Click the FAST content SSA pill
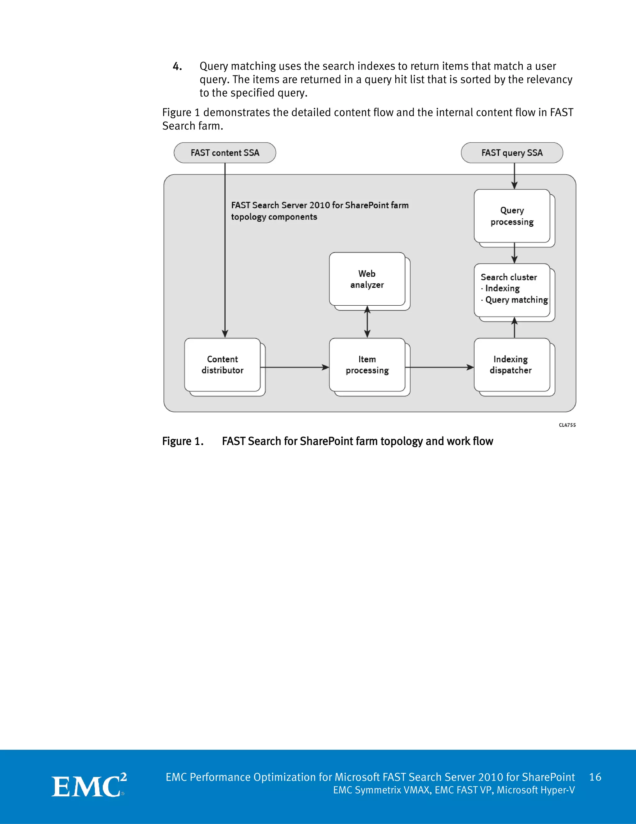[x=225, y=153]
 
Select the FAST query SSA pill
[x=512, y=153]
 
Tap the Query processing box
[x=512, y=216]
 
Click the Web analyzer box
[x=367, y=279]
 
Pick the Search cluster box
[x=512, y=289]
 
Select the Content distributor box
[x=222, y=365]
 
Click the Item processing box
[x=367, y=365]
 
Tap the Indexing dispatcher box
[x=511, y=365]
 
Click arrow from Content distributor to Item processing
[x=294, y=367]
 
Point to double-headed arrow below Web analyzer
[x=367, y=322]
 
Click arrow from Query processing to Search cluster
[x=514, y=253]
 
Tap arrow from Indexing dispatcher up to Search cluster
[x=514, y=328]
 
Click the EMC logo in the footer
[x=89, y=785]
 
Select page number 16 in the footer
[x=595, y=777]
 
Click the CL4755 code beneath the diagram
[x=567, y=425]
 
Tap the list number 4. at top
[x=177, y=67]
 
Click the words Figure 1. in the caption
[x=183, y=442]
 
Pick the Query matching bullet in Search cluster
[x=516, y=300]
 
